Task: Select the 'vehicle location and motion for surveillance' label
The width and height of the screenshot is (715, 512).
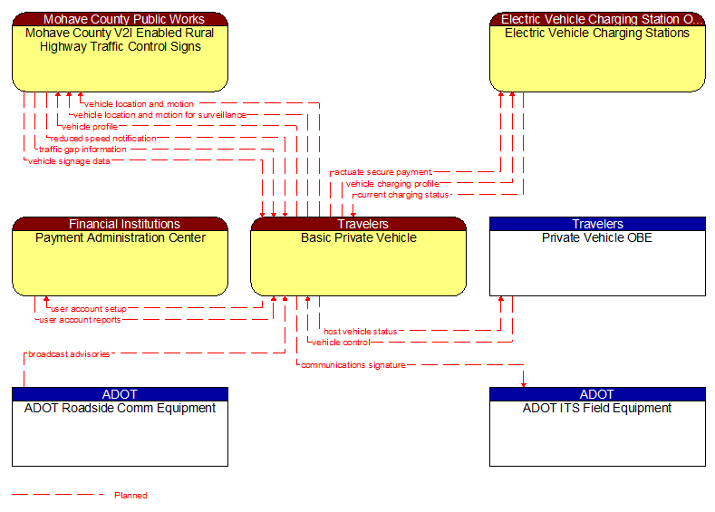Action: (159, 115)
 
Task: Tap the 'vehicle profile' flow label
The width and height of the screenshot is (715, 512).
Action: (90, 127)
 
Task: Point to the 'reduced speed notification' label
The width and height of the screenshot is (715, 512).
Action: (103, 139)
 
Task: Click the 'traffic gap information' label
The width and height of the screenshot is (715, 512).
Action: (82, 150)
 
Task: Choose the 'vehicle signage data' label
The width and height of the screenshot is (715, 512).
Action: (69, 161)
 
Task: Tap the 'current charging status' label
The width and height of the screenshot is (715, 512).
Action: (401, 195)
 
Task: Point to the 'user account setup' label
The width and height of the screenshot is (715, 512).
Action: (88, 309)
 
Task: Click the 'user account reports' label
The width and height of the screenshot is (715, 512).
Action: (79, 320)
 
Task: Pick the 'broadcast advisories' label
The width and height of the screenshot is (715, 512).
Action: (69, 354)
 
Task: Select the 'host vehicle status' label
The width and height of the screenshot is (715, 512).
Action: (360, 332)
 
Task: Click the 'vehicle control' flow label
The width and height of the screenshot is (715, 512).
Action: (341, 343)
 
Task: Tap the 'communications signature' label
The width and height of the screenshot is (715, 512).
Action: (353, 365)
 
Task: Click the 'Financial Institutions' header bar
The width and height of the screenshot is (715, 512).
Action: (120, 224)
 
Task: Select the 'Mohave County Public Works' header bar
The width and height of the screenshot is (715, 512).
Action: (120, 19)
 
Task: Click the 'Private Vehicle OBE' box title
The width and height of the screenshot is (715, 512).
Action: (597, 238)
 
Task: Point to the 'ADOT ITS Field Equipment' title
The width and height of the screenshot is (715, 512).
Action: (597, 409)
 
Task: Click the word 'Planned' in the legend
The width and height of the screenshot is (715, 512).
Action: (130, 496)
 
